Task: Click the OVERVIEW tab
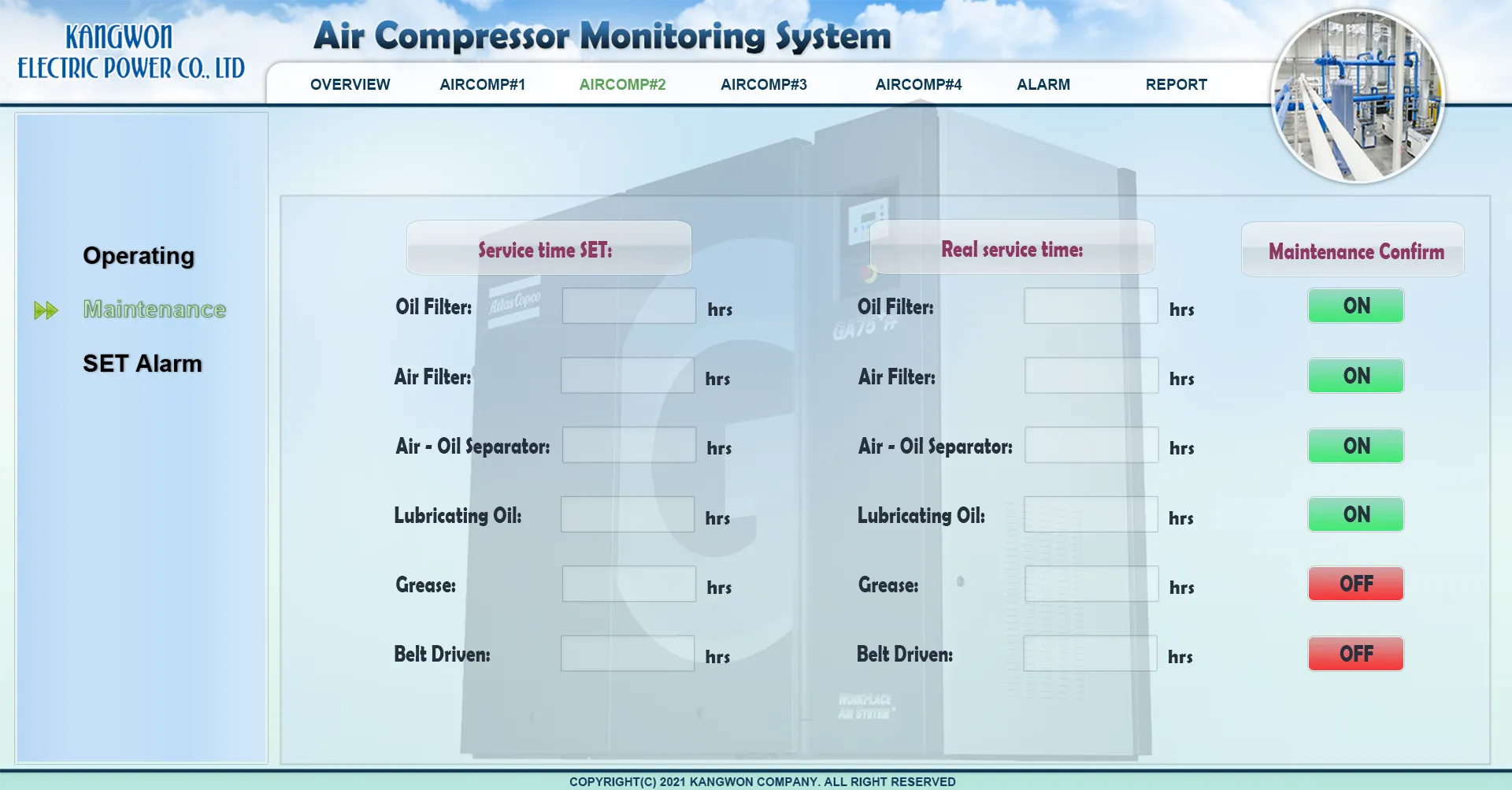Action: tap(350, 84)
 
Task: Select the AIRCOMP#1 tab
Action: tap(482, 84)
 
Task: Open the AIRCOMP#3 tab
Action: tap(764, 84)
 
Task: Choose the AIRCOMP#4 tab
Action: tap(918, 84)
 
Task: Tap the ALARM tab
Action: tap(1043, 84)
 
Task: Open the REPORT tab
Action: tap(1177, 84)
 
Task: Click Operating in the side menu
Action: tap(139, 256)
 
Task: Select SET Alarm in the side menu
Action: tap(143, 363)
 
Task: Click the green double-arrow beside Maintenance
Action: tap(46, 310)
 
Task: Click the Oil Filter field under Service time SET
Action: tap(629, 306)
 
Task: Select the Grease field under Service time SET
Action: tap(629, 584)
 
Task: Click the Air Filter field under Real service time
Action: tap(1091, 375)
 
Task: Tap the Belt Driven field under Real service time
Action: tap(1090, 653)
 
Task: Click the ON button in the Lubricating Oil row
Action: tap(1356, 514)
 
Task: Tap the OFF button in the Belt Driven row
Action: tap(1356, 654)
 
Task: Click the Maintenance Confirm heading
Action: tap(1356, 251)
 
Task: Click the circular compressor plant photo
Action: tap(1358, 96)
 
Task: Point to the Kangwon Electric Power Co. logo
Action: tap(131, 52)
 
